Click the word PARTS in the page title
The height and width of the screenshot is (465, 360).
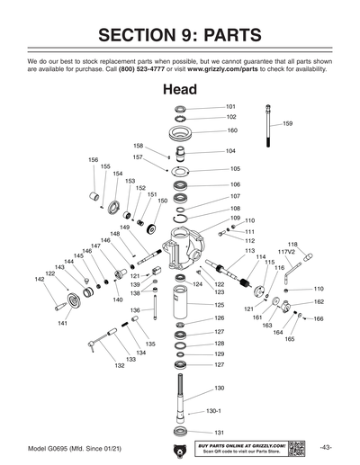[226, 35]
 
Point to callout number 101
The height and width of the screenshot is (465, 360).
[230, 106]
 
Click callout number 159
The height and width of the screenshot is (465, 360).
[287, 123]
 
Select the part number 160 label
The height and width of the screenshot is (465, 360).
[231, 130]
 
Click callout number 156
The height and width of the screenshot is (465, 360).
[93, 159]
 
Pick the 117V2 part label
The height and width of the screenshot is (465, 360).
[286, 252]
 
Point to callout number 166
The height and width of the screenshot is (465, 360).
[319, 318]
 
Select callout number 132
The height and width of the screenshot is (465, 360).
[120, 366]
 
